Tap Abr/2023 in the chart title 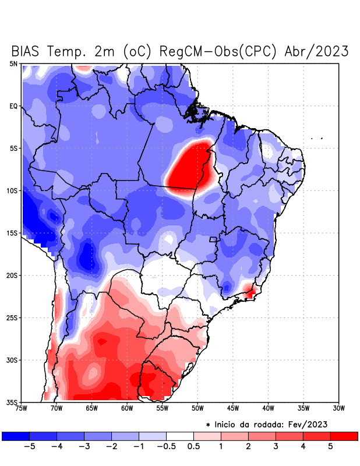point(316,51)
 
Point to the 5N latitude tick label point(13,63)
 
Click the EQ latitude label point(13,106)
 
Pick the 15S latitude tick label point(12,233)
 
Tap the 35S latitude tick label point(12,402)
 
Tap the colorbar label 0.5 point(193,447)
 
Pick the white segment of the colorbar point(179,436)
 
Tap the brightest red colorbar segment point(344,436)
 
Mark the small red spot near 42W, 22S point(251,291)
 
